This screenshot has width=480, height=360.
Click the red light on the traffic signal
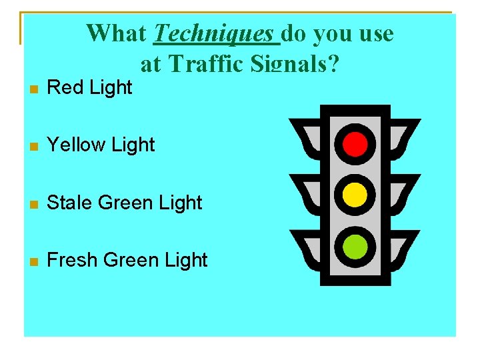click(355, 142)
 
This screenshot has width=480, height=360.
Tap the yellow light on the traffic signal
click(355, 194)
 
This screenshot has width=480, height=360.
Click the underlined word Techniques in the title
click(213, 33)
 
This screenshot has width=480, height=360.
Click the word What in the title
click(117, 33)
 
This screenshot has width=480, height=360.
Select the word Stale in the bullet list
click(70, 203)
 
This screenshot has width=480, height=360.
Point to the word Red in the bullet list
click(64, 87)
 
